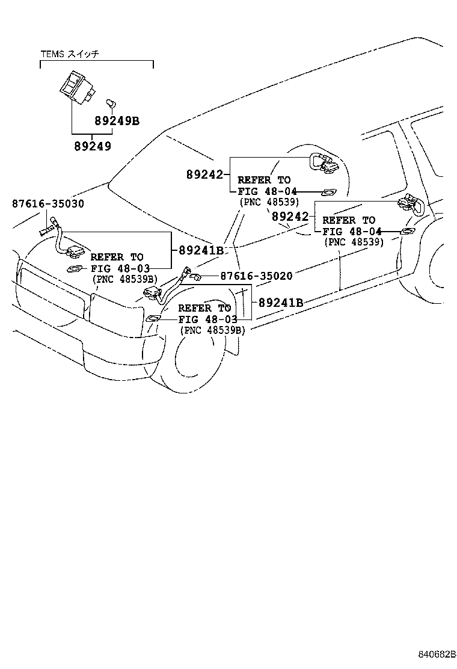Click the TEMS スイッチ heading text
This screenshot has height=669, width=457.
(x=69, y=54)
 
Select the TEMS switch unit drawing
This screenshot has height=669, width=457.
(x=76, y=87)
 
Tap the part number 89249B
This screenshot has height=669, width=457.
(x=117, y=120)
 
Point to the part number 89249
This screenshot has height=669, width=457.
(x=93, y=146)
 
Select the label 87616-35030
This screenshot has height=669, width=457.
(x=48, y=203)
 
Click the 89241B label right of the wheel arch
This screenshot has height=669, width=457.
(x=281, y=303)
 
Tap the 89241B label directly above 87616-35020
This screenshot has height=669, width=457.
(x=200, y=250)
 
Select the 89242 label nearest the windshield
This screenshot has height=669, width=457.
(x=204, y=174)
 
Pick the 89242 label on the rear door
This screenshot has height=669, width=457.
(x=290, y=216)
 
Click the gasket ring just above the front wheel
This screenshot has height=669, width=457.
(x=153, y=317)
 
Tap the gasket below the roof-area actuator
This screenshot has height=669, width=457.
(x=328, y=193)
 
